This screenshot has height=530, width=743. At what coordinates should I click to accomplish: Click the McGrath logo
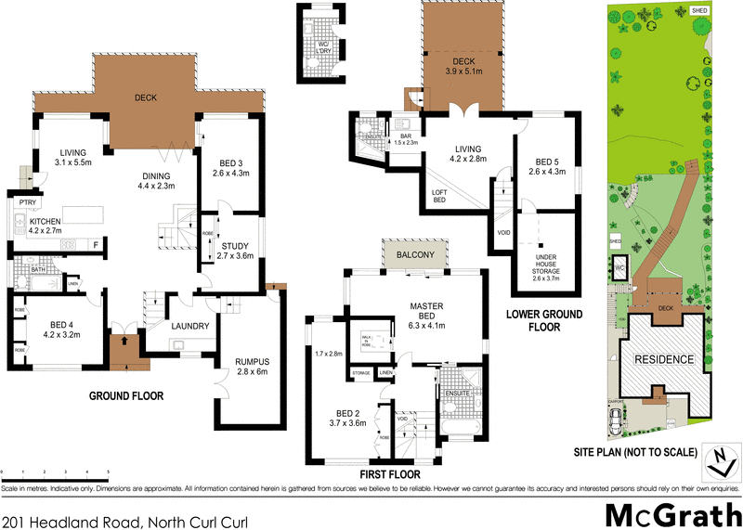tap(672, 513)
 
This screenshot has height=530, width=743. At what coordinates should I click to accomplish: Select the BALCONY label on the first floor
tap(415, 254)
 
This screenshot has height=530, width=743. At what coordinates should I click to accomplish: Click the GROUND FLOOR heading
tap(126, 395)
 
